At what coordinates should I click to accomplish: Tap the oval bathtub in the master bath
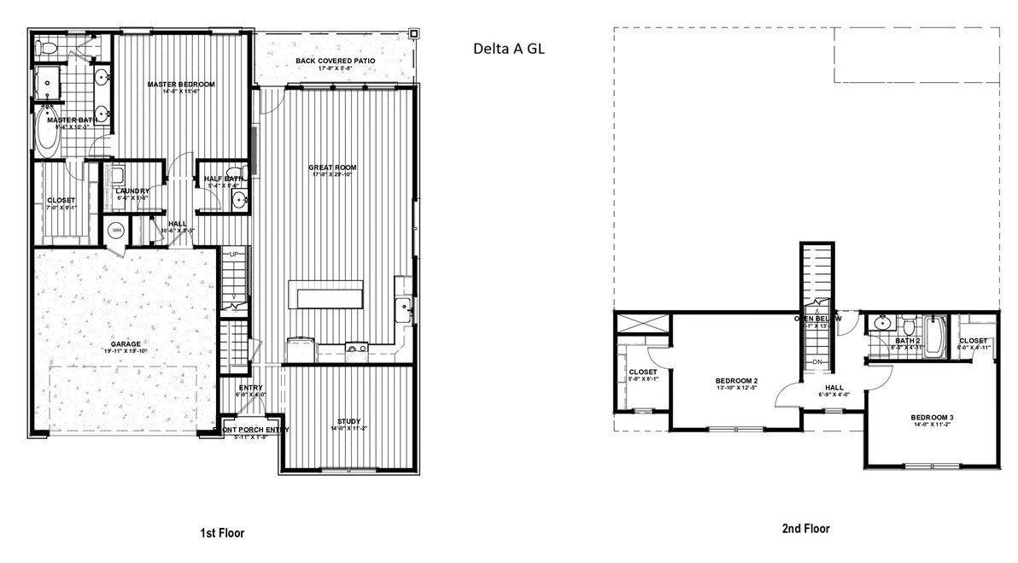click(x=46, y=132)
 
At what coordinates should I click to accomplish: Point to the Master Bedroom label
click(x=180, y=85)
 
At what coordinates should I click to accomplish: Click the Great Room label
click(x=334, y=167)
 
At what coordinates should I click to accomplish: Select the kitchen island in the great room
click(x=325, y=296)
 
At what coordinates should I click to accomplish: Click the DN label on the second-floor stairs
click(x=816, y=361)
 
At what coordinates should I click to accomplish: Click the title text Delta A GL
click(x=509, y=49)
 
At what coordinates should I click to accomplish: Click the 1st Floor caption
click(x=222, y=533)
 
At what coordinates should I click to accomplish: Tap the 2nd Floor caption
click(x=805, y=529)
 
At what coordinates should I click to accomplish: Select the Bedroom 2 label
click(x=737, y=380)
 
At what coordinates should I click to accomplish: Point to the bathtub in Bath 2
click(x=932, y=337)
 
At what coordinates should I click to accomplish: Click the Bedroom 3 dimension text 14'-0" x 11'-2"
click(x=932, y=425)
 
